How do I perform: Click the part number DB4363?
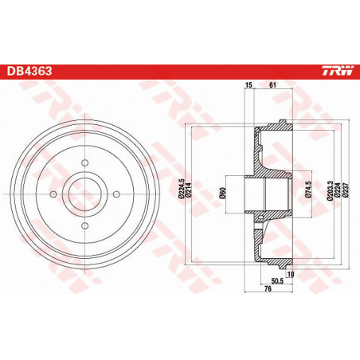coord(30,71)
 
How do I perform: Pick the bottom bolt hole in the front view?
coord(83,227)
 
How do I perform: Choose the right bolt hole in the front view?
coord(114,196)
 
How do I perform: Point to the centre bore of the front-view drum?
coord(83,196)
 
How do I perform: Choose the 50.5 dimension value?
coord(278,282)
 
